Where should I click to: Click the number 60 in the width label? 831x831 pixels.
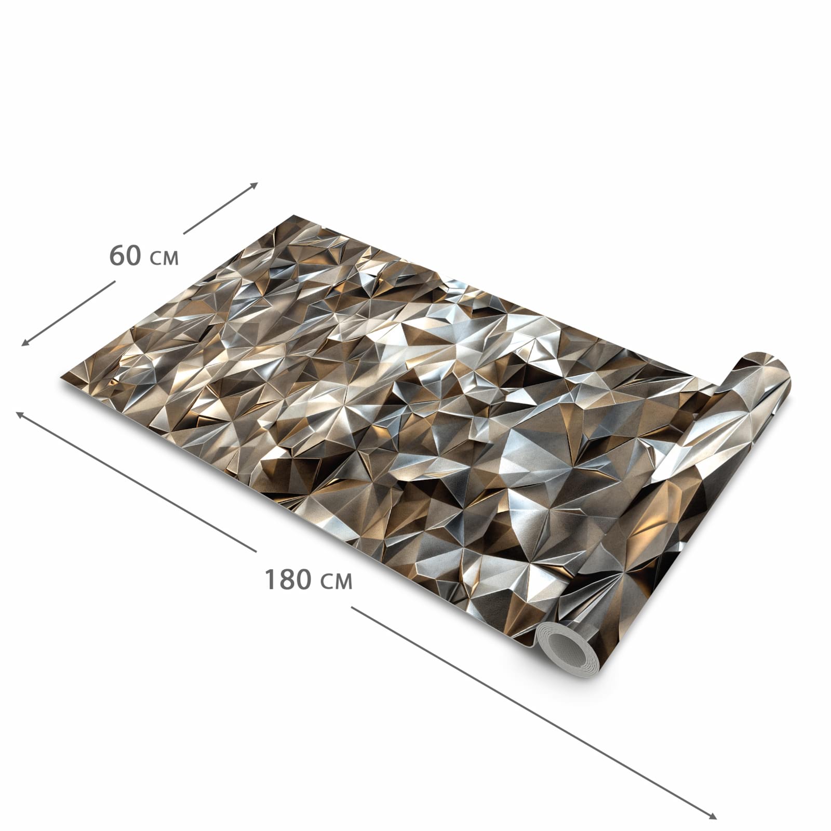click(x=125, y=256)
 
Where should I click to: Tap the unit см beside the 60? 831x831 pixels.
click(x=164, y=258)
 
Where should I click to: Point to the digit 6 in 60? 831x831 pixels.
click(x=117, y=256)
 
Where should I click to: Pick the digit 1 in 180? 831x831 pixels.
click(x=271, y=580)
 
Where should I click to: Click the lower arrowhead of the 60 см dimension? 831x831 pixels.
click(x=24, y=342)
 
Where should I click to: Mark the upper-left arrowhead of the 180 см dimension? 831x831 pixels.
click(x=20, y=414)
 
